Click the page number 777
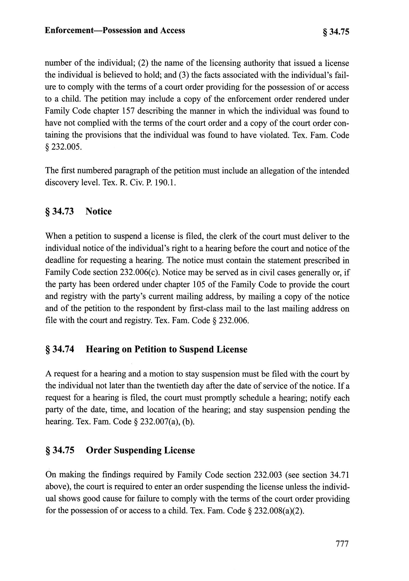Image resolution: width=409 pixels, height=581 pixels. pos(342,544)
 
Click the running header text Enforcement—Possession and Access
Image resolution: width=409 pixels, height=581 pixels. pos(115,30)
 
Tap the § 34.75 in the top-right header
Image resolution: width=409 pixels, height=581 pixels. pos(336,32)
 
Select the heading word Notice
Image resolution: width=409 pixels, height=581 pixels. pos(98,211)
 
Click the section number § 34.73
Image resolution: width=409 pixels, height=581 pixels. pos(59,211)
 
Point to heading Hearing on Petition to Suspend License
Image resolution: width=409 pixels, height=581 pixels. pos(166,349)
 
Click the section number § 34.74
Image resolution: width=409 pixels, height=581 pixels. pos(59,349)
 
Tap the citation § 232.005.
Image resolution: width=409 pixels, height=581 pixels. pos(63,147)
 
